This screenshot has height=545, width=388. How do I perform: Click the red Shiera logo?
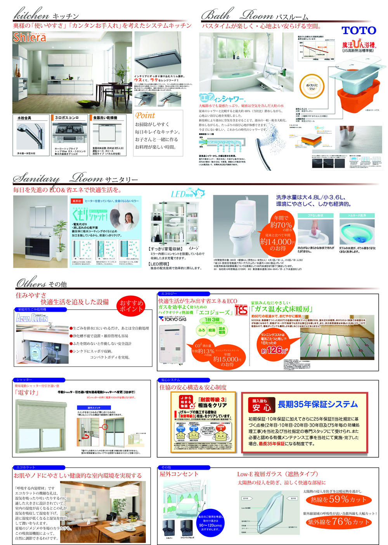pyautogui.click(x=29, y=37)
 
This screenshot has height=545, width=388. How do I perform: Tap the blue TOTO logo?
pyautogui.click(x=359, y=31)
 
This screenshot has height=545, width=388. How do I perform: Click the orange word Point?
pyautogui.click(x=145, y=115)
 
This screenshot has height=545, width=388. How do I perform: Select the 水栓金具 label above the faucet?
pyautogui.click(x=24, y=118)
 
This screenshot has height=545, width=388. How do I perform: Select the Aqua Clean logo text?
pyautogui.click(x=32, y=318)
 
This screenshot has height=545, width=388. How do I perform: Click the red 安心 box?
pyautogui.click(x=262, y=405)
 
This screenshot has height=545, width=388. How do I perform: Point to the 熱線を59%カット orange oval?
pyautogui.click(x=338, y=500)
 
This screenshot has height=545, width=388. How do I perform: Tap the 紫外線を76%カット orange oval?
pyautogui.click(x=338, y=522)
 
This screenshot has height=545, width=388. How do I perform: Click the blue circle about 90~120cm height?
pyautogui.click(x=211, y=522)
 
